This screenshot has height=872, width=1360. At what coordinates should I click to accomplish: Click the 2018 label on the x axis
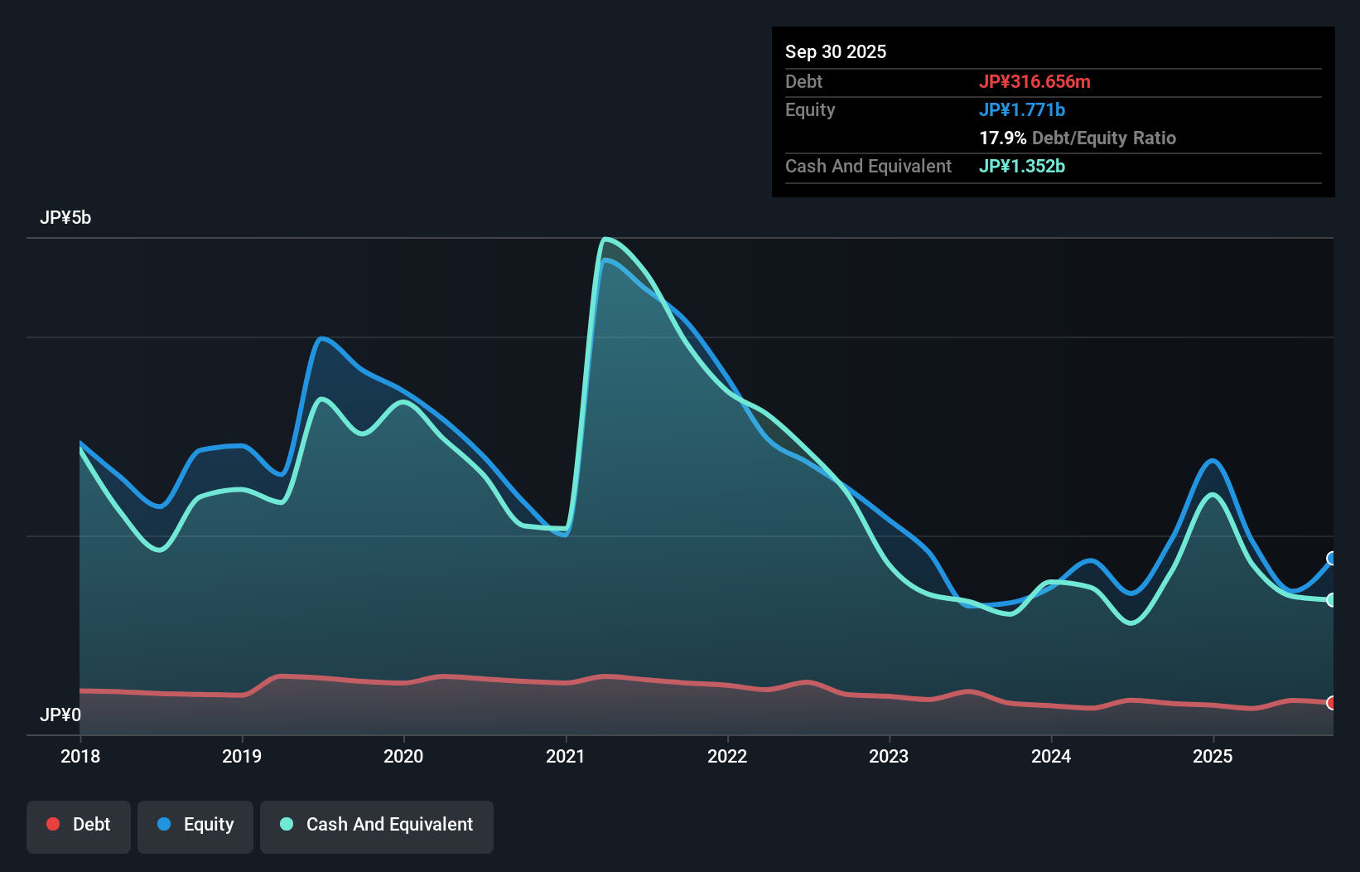pyautogui.click(x=80, y=756)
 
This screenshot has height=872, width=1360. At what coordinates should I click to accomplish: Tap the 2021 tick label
pyautogui.click(x=566, y=756)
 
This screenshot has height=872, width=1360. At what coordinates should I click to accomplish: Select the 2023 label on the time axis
pyautogui.click(x=889, y=756)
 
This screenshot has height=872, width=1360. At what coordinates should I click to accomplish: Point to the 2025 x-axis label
pyautogui.click(x=1213, y=756)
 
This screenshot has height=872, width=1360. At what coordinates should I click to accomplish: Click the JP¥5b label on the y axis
pyautogui.click(x=65, y=218)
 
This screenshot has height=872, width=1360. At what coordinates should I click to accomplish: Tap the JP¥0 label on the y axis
pyautogui.click(x=60, y=715)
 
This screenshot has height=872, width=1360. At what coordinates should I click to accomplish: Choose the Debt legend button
pyautogui.click(x=79, y=825)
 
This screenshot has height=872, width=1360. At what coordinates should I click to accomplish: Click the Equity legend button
pyautogui.click(x=195, y=825)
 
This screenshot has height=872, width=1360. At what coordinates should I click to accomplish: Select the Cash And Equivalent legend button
pyautogui.click(x=377, y=825)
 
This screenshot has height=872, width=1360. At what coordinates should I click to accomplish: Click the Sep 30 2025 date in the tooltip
pyautogui.click(x=836, y=51)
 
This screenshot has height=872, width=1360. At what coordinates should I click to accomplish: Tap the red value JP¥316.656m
pyautogui.click(x=1034, y=81)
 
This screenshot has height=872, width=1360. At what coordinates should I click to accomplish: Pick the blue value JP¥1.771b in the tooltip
pyautogui.click(x=1022, y=109)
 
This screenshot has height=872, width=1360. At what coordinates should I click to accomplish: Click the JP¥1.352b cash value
pyautogui.click(x=1022, y=166)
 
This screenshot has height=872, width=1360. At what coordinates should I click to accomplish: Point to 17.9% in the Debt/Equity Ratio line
pyautogui.click(x=1002, y=138)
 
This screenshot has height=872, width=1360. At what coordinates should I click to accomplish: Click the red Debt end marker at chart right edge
pyautogui.click(x=1331, y=703)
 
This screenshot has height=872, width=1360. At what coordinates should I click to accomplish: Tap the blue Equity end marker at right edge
pyautogui.click(x=1331, y=559)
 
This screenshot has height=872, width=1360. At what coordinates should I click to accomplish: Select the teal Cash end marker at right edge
pyautogui.click(x=1331, y=600)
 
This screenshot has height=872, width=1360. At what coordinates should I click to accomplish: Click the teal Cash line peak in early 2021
pyautogui.click(x=606, y=240)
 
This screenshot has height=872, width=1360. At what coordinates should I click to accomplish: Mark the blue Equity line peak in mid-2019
pyautogui.click(x=322, y=338)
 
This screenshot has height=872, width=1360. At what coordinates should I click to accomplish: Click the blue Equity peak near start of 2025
pyautogui.click(x=1213, y=461)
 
